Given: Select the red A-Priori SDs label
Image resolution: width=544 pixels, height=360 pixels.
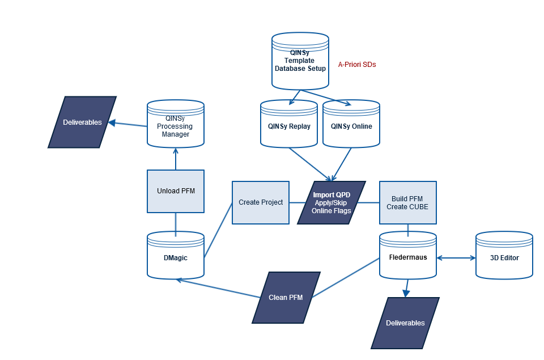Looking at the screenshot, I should tap(357, 65).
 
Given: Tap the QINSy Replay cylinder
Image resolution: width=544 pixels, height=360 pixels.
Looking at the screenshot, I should tap(289, 126).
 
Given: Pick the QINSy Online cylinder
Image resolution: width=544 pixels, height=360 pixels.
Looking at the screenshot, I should tap(351, 126).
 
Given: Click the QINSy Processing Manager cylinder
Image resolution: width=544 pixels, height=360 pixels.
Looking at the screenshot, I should tap(175, 126).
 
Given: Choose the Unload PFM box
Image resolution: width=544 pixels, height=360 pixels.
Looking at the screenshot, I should tap(176, 191).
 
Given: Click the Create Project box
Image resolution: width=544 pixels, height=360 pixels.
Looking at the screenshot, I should tap(261, 202).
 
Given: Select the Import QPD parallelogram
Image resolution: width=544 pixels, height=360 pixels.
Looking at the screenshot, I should tap(331, 202).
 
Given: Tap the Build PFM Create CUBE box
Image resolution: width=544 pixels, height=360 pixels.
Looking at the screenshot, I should tap(408, 202).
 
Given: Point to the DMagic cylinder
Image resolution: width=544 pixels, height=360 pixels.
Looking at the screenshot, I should tap(176, 257).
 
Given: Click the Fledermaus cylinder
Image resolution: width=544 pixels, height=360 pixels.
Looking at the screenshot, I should tap(408, 257).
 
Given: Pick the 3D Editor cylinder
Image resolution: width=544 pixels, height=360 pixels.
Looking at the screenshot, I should tap(504, 257).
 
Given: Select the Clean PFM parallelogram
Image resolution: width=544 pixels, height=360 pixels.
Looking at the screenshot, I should tap(286, 297).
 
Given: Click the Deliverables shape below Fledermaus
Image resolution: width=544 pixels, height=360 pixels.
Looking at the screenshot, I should tap(405, 323).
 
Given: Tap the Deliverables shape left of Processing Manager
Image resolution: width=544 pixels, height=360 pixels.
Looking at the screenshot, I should tap(82, 122).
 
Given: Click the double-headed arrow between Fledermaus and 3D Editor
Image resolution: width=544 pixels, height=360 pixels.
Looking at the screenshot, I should tap(456, 258).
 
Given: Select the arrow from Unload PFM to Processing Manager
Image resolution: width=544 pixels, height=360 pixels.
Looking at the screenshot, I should tap(176, 159).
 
